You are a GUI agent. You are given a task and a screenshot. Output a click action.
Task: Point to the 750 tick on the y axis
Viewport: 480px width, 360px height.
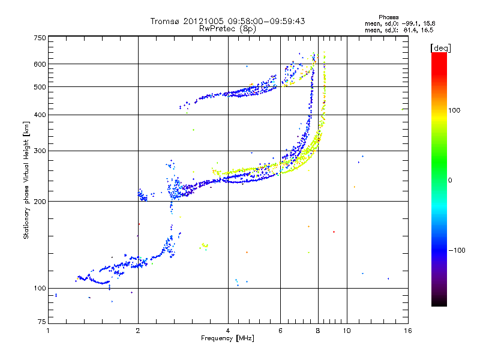pyautogui.click(x=40, y=38)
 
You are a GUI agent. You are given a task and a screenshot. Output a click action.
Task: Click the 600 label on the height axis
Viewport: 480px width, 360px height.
pyautogui.click(x=40, y=64)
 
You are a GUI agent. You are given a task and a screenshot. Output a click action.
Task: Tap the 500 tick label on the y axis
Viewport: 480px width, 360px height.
pyautogui.click(x=40, y=87)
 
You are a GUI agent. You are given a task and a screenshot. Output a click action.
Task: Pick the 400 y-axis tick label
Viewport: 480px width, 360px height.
pyautogui.click(x=40, y=115)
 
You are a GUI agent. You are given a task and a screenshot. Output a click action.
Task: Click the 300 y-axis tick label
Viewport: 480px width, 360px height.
pyautogui.click(x=40, y=151)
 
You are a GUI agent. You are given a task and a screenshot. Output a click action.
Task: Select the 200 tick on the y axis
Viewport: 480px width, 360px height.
pyautogui.click(x=40, y=202)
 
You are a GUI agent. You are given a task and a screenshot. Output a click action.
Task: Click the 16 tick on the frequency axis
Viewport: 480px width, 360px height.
pyautogui.click(x=407, y=331)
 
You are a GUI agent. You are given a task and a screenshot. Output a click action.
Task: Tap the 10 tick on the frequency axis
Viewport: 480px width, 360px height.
pyautogui.click(x=346, y=331)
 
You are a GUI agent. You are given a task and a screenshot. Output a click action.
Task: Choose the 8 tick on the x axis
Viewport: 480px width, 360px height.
pyautogui.click(x=318, y=331)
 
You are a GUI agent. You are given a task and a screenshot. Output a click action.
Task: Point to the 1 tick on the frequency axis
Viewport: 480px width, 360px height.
pyautogui.click(x=48, y=331)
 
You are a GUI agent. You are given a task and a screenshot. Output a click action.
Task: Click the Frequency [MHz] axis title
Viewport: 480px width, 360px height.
pyautogui.click(x=227, y=338)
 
